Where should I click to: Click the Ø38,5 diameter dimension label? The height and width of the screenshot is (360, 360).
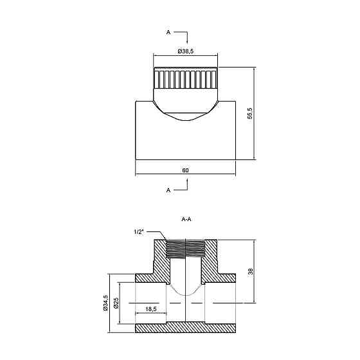point(186,51)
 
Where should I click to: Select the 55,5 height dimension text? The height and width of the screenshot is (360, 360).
point(250,113)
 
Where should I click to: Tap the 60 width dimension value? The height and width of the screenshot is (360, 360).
point(185,170)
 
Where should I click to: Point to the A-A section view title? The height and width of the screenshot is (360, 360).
point(186,219)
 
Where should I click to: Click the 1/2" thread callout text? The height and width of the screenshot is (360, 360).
point(139,232)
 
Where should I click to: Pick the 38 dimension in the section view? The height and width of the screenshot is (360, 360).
point(250,271)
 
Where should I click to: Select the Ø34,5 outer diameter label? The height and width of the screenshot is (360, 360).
point(105,303)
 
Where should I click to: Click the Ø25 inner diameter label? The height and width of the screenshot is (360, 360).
point(116,303)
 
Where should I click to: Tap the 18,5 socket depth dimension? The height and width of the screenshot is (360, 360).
point(151,309)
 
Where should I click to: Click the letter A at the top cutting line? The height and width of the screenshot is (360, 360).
point(168,33)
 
